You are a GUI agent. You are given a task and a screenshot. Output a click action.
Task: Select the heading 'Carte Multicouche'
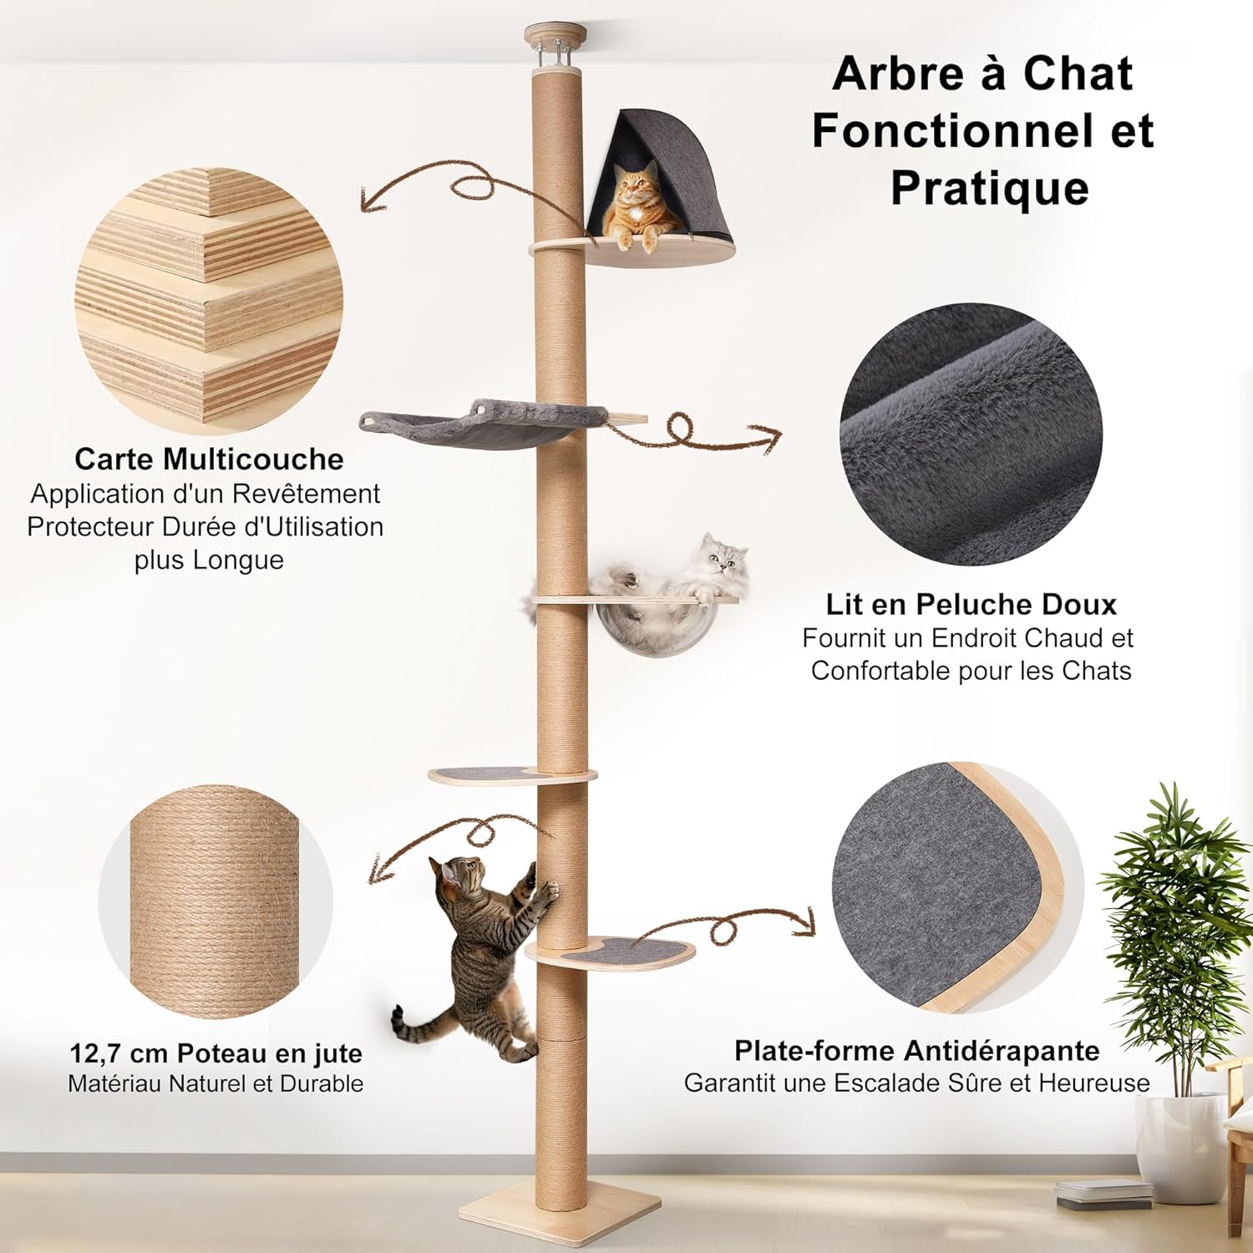point(208,459)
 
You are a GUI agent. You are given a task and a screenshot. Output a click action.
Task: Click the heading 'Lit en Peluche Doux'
point(971,604)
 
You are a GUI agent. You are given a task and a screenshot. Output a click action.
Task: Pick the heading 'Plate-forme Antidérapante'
point(916,1050)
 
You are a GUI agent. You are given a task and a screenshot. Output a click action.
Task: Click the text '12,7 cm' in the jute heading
point(117,1053)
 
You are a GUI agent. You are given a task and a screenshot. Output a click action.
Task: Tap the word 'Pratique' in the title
point(989,187)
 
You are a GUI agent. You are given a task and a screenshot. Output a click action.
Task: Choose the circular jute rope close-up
point(216,902)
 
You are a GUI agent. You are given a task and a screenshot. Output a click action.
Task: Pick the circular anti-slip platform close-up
point(952,894)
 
